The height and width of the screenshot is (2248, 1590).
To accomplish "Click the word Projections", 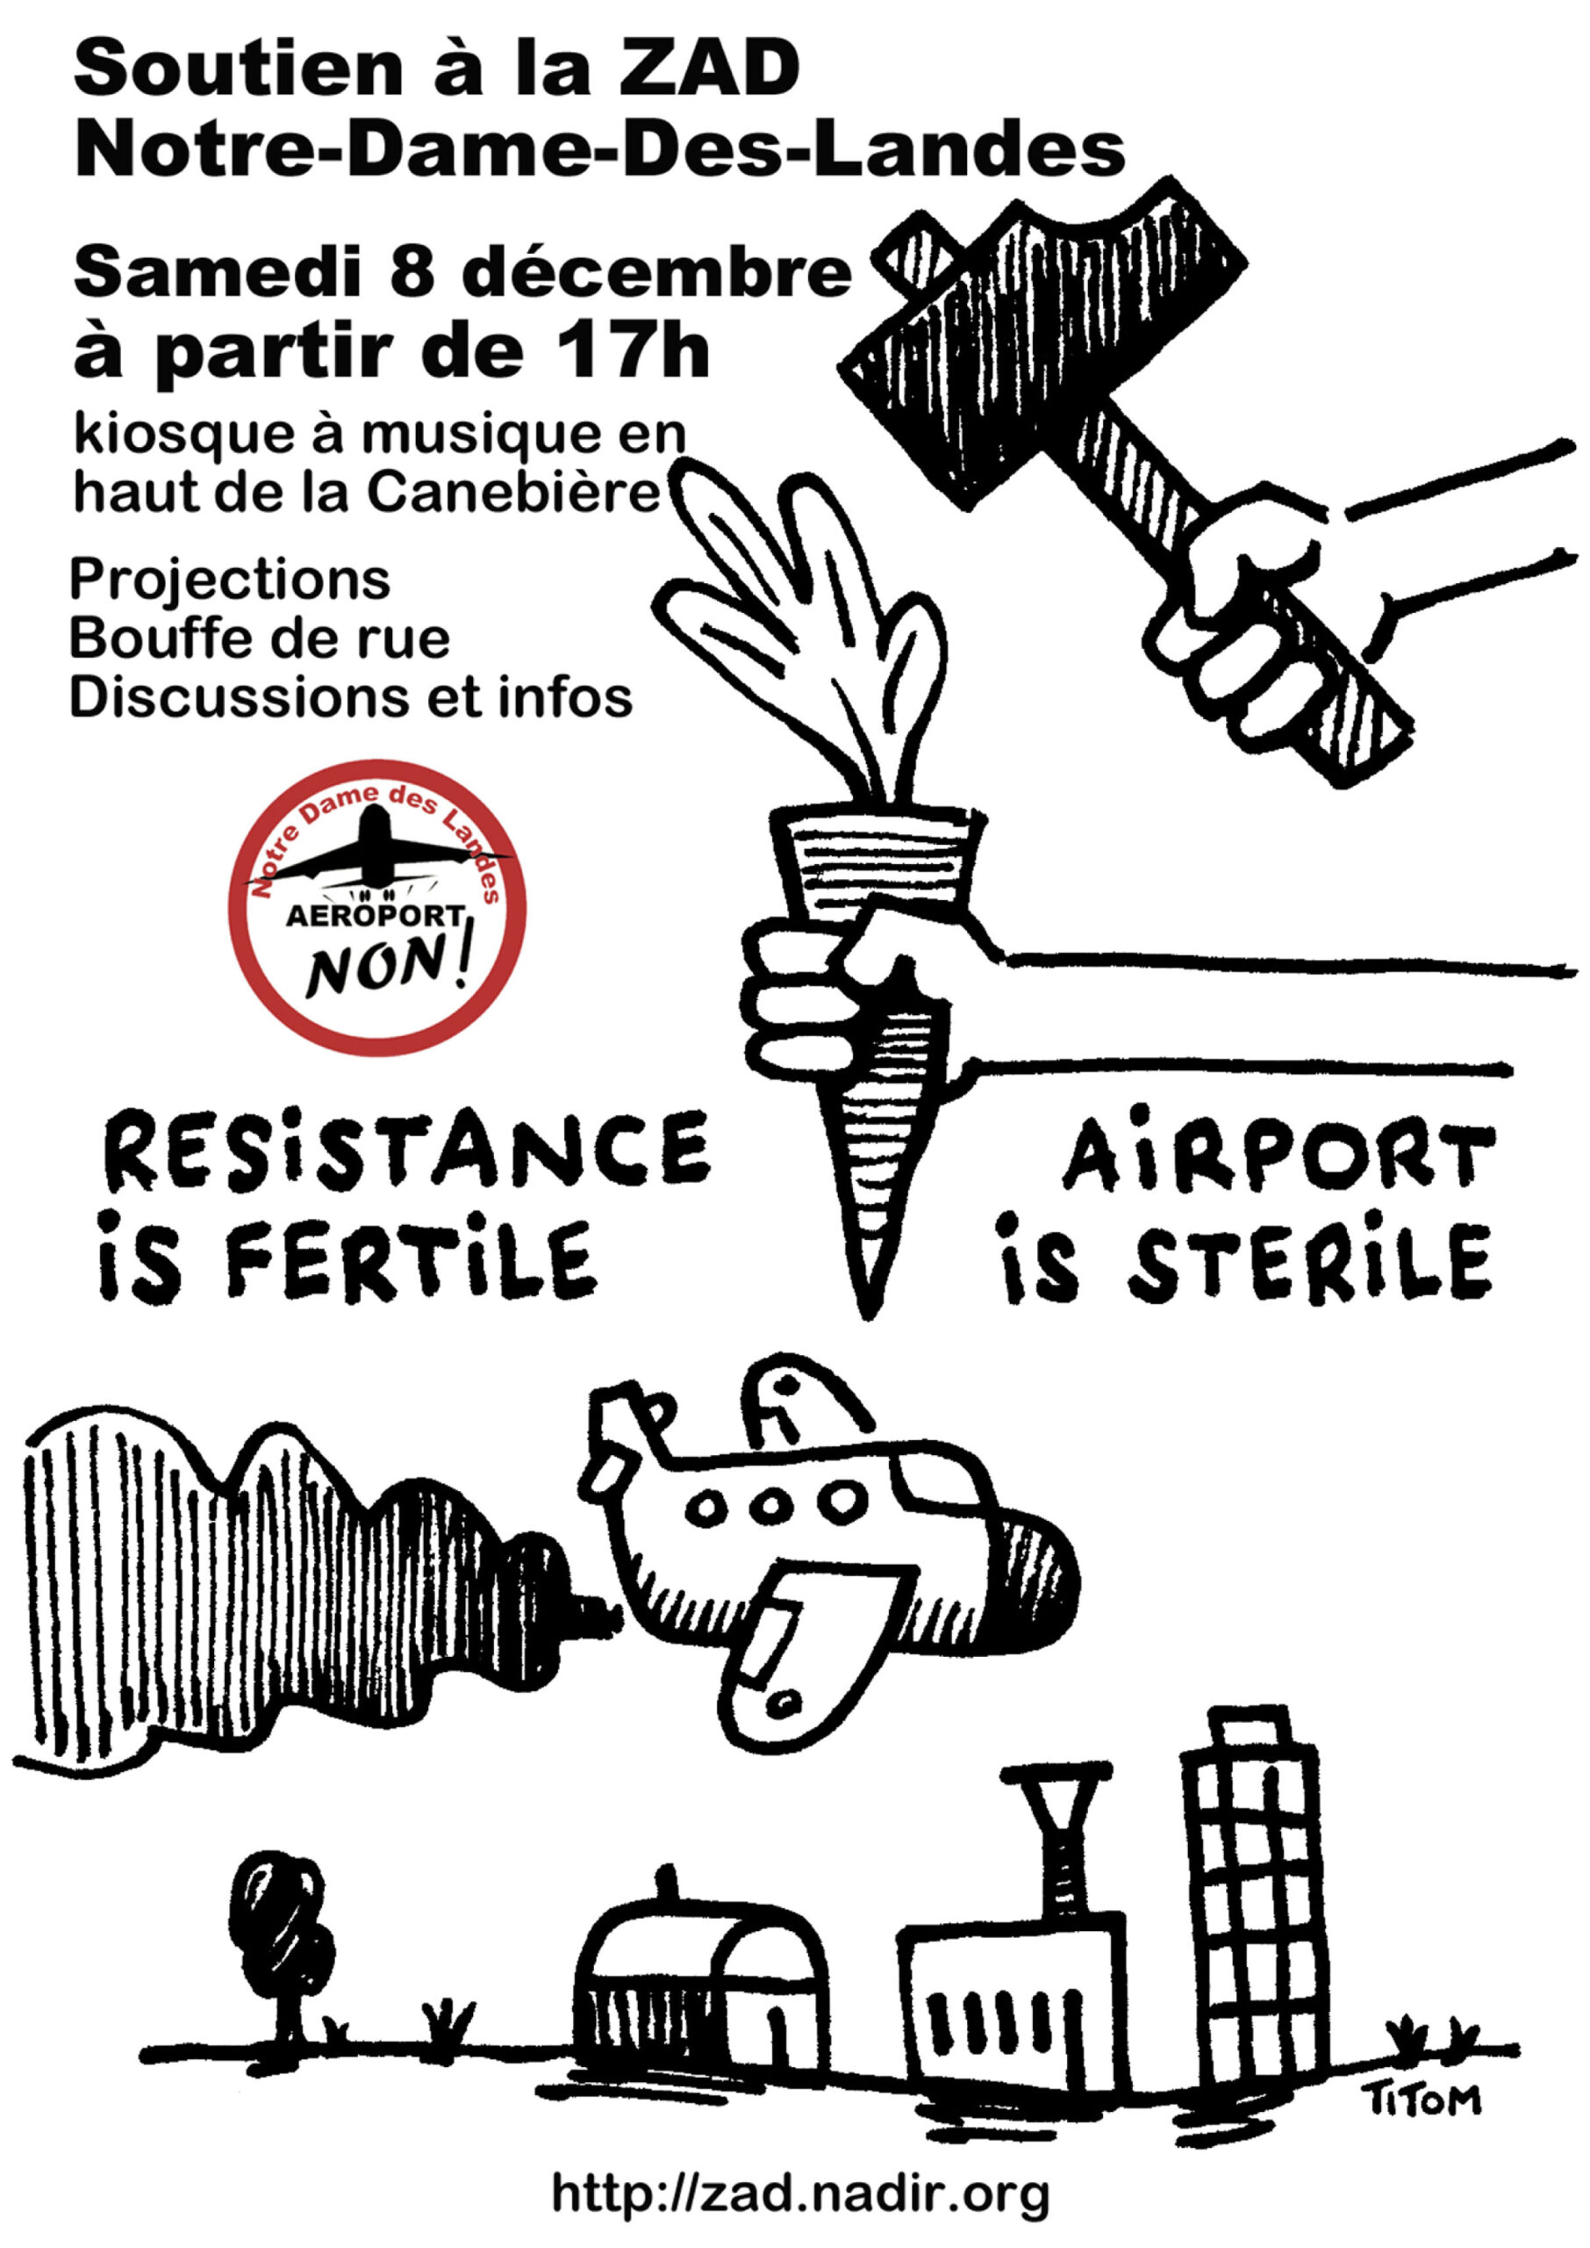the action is pos(230,580).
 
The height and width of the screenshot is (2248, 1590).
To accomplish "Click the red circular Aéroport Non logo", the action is pos(377,908).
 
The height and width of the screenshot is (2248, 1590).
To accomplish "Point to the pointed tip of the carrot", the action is pos(865,1315).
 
